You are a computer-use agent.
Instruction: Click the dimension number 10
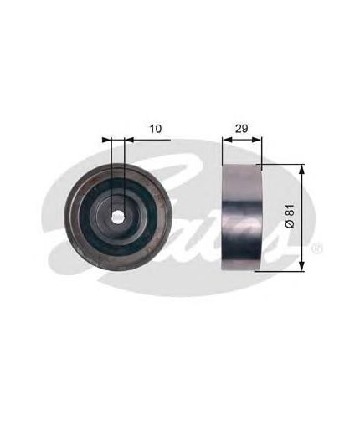(156, 129)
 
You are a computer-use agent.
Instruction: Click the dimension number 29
(242, 129)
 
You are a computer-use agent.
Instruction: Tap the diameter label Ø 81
(291, 216)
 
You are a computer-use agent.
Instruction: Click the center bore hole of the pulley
(117, 217)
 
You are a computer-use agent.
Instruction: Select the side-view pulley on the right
(242, 217)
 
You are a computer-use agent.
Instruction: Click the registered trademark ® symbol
(317, 248)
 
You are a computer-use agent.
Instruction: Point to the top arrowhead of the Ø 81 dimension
(301, 169)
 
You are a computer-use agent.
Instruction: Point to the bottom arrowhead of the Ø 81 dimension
(301, 266)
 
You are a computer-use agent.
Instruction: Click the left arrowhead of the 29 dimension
(228, 140)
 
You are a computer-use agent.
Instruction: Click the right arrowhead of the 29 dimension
(256, 140)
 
